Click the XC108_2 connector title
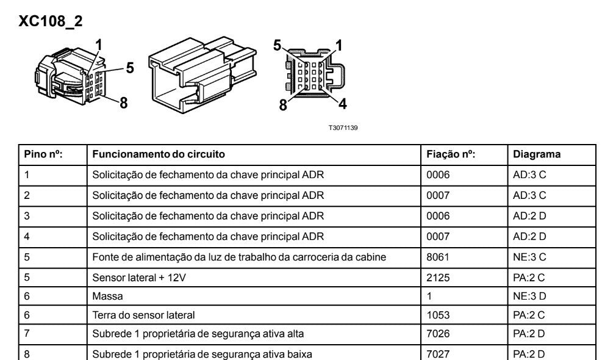click(x=51, y=21)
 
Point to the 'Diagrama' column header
click(x=537, y=154)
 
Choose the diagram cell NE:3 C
click(x=530, y=256)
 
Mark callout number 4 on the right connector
click(x=342, y=103)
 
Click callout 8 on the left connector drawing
click(x=123, y=102)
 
